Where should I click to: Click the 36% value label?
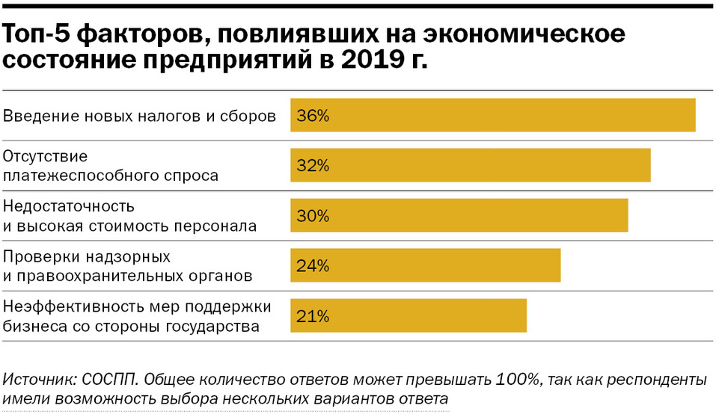313,116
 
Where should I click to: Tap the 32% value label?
313,166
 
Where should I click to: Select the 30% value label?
313,216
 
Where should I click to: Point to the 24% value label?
313,266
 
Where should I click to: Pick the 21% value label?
313,316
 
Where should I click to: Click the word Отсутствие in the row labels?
46,157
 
